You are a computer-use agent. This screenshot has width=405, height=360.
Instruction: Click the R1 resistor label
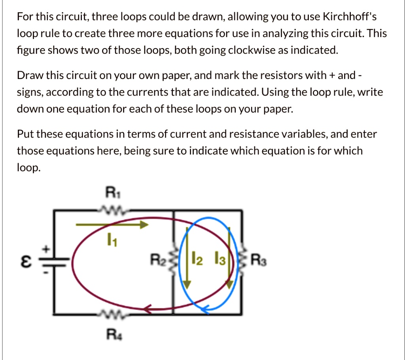[113, 192]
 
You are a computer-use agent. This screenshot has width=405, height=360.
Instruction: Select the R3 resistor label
[259, 260]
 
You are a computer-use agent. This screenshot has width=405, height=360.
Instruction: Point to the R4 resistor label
[114, 335]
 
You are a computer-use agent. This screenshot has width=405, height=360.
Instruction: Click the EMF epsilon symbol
[26, 261]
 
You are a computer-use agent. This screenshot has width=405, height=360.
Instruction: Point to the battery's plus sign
[46, 249]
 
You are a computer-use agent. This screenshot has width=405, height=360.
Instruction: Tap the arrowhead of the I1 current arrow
[144, 224]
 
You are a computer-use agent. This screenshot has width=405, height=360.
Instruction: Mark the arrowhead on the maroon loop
[148, 309]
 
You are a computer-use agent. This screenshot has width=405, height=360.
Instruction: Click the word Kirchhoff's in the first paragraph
[350, 17]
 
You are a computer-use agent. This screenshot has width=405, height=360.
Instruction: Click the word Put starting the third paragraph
[25, 134]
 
